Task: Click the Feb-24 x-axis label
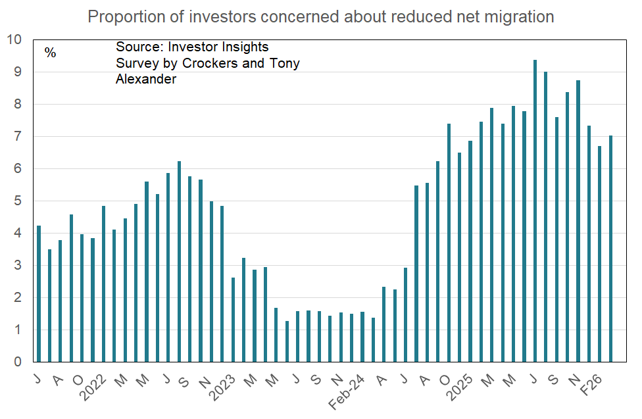pyautogui.click(x=355, y=387)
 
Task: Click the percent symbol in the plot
pyautogui.click(x=51, y=53)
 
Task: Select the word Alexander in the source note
pyautogui.click(x=146, y=80)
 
